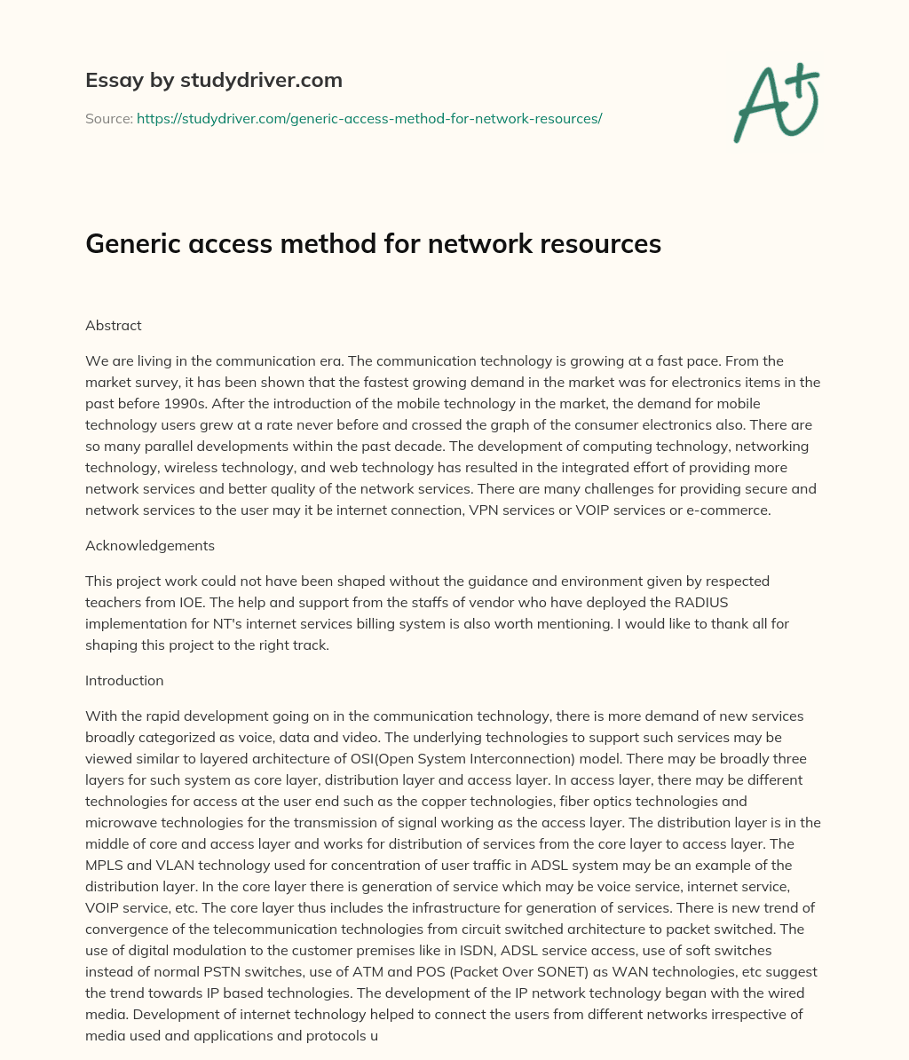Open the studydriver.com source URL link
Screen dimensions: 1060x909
[369, 118]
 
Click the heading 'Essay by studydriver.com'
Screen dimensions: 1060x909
[214, 80]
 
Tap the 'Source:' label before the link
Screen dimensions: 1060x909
[109, 118]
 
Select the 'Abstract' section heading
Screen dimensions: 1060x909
[114, 325]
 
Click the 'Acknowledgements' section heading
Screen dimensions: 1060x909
[150, 545]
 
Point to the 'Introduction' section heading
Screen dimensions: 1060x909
[124, 680]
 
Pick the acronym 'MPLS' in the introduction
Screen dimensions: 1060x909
[104, 865]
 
